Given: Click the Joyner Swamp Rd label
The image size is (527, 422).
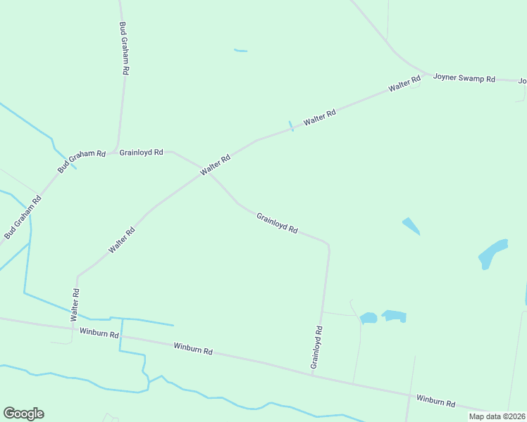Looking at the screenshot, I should pos(464,78).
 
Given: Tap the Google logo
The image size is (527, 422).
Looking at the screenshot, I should pos(23,414).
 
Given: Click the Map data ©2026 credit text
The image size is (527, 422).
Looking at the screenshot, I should pos(497,416).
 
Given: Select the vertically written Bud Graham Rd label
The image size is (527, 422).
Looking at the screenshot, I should pos(124,48).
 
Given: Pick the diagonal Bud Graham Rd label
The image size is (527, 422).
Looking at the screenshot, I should pos(23,217).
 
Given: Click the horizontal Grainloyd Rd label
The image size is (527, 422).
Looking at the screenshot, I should pos(141,152).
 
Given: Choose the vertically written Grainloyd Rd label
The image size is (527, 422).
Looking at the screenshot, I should pos(317,347).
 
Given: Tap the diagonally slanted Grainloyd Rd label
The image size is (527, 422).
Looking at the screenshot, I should pos(277,223).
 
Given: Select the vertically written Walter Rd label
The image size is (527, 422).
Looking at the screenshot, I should pos(75,305).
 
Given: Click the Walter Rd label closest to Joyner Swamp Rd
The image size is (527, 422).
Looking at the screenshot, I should pos(404,85).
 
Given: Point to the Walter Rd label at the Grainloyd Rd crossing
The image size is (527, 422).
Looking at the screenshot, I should pos(215,166).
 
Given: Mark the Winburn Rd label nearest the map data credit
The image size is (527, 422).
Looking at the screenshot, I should pos(435,402).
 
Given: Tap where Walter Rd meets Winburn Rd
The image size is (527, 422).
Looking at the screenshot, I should pos(72,327).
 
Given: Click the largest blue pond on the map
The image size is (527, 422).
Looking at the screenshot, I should pos(492,253).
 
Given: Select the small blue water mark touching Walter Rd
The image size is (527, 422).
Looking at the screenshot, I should pos(290,125).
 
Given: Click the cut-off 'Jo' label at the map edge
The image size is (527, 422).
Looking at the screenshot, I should pos(522,81).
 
